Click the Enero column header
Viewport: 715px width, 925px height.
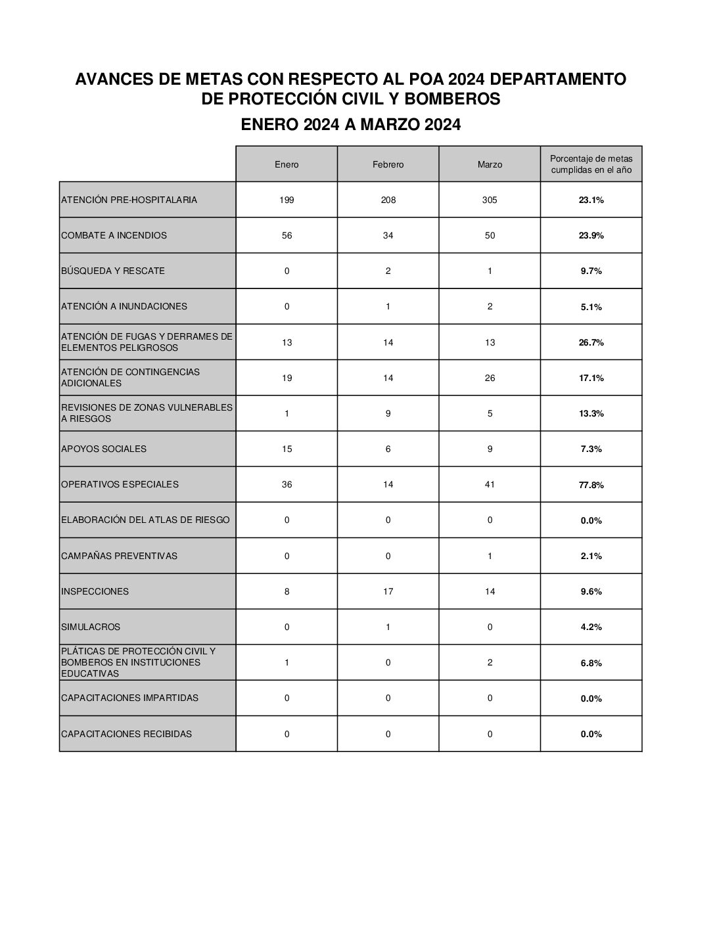287,164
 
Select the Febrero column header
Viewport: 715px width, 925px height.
388,164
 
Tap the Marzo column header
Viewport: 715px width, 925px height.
490,164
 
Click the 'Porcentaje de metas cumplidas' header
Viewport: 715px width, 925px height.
591,164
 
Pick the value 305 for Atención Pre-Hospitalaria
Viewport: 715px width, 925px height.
490,200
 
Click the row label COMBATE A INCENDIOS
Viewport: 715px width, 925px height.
114,235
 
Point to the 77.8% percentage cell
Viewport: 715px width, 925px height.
591,485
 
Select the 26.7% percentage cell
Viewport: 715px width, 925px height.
591,342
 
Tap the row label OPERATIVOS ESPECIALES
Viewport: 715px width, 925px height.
120,484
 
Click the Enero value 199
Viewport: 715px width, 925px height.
287,200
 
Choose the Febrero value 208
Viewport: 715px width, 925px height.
388,200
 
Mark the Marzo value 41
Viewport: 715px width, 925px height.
490,484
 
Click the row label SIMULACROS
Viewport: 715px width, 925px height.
91,627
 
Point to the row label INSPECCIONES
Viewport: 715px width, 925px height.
95,591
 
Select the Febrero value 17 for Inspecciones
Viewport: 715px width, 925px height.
388,591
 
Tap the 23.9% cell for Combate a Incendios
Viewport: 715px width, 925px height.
591,235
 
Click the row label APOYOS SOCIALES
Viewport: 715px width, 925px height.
104,449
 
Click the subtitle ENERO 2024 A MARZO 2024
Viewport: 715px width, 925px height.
350,125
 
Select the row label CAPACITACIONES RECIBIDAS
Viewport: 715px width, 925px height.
126,734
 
